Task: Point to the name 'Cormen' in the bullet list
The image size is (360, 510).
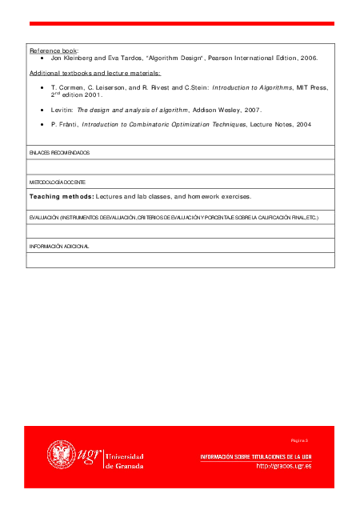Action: (x=70, y=86)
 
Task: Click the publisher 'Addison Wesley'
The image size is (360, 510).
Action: (x=221, y=109)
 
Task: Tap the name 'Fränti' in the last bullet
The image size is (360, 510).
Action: (x=67, y=125)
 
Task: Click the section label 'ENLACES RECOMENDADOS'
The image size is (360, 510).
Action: (x=59, y=152)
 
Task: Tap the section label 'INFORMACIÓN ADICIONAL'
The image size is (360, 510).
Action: (x=59, y=247)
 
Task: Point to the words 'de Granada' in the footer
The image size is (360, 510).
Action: (x=125, y=465)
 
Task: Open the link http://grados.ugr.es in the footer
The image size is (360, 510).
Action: (x=283, y=466)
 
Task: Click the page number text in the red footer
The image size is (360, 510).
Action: (x=299, y=440)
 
